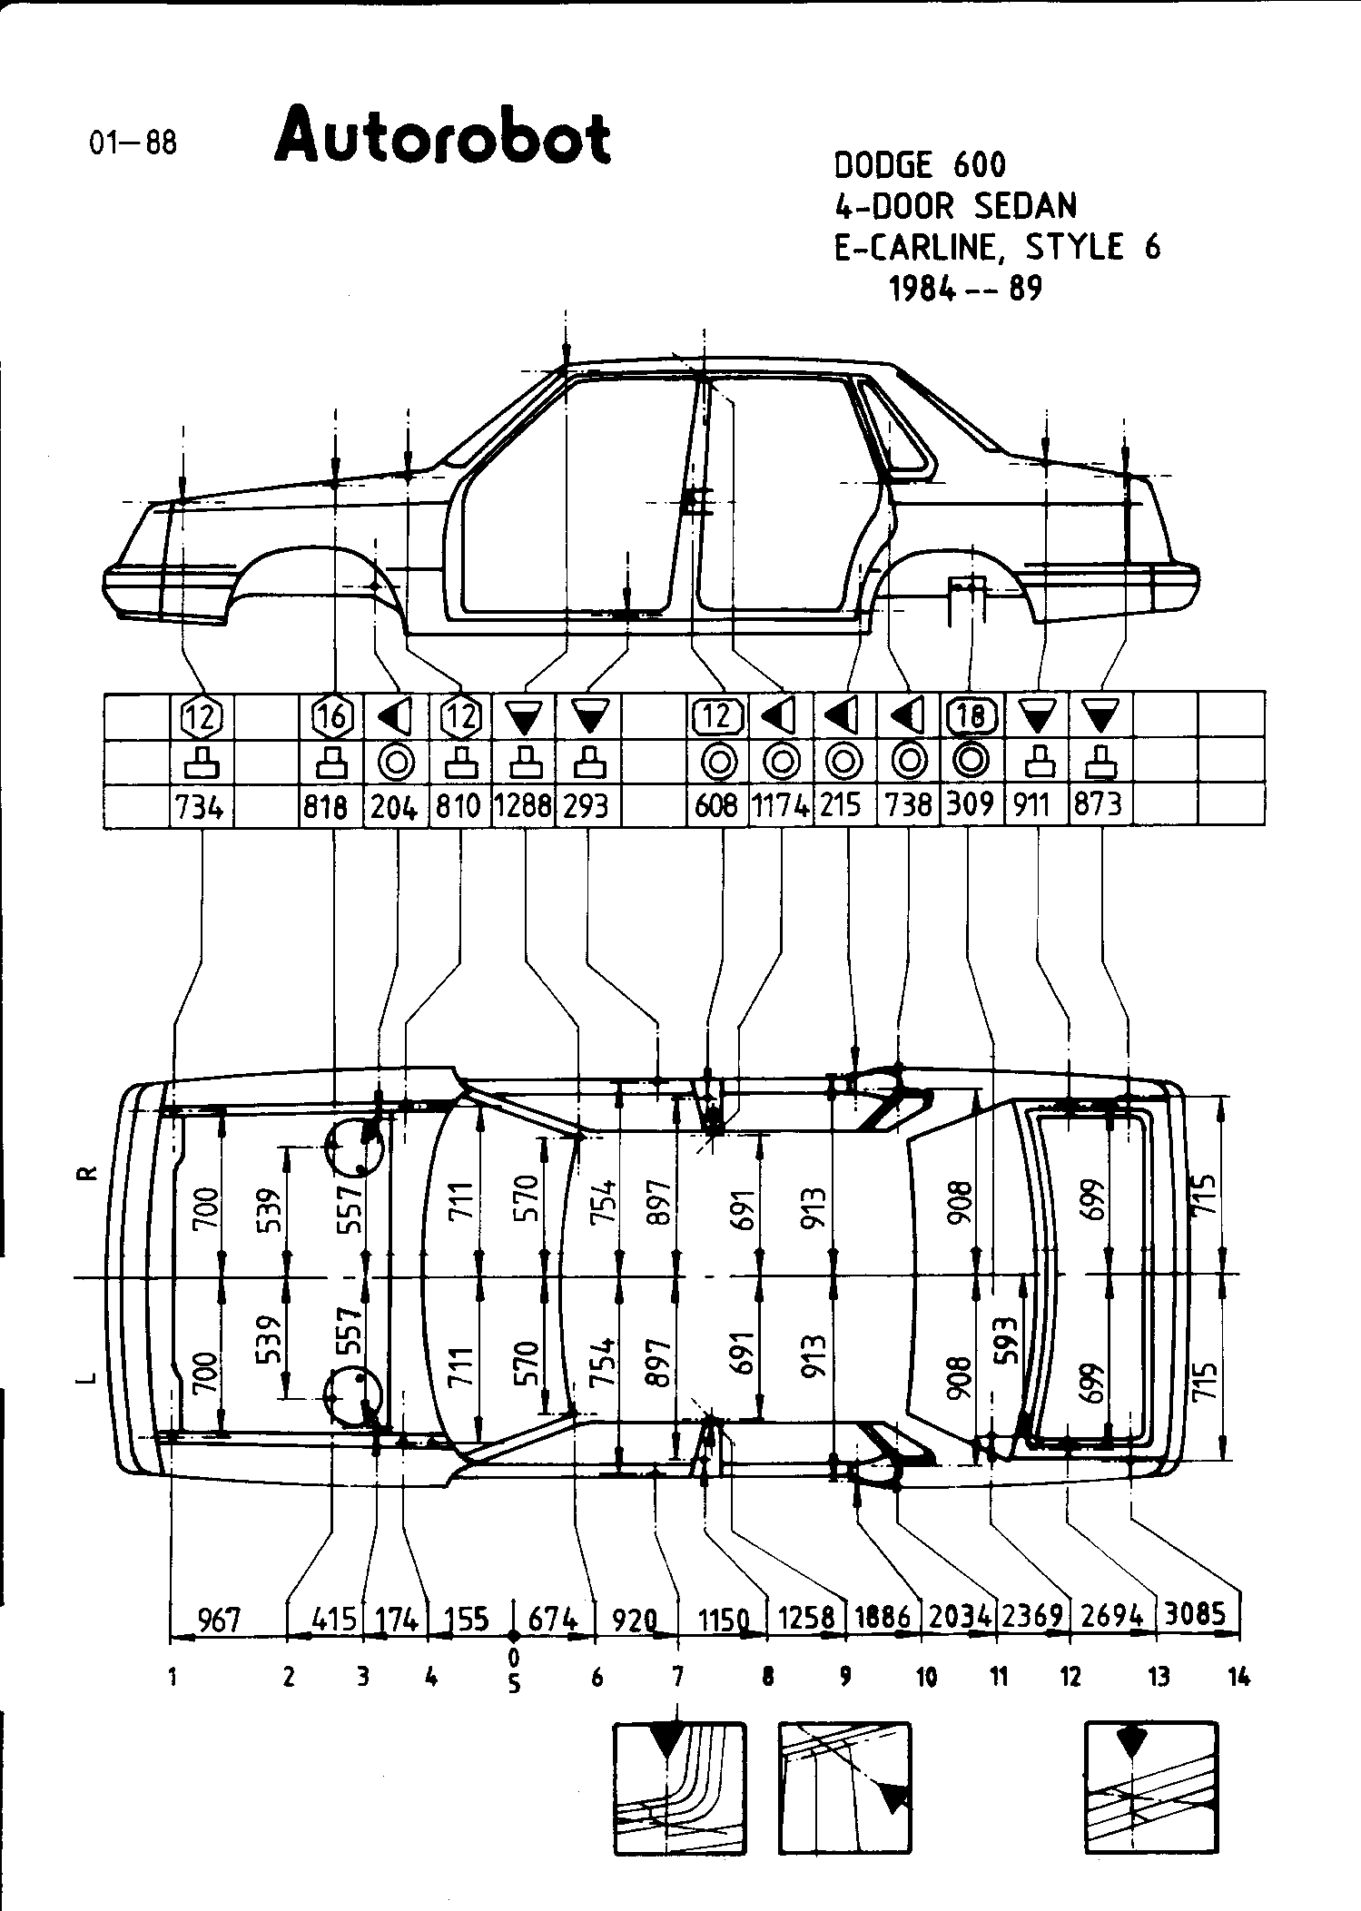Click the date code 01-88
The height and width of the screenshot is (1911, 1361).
[133, 143]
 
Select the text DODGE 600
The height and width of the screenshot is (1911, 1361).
[919, 165]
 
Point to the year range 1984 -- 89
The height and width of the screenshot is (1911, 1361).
[965, 289]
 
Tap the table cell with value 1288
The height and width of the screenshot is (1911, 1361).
[522, 805]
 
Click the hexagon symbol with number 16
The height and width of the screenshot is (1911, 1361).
[332, 717]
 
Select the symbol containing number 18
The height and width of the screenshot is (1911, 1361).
[971, 717]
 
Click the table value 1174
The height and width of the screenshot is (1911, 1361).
[781, 805]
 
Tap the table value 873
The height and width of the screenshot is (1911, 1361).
[1098, 804]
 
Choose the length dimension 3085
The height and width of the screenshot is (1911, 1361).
[1197, 1613]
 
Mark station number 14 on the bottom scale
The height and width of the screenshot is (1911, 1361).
[1238, 1678]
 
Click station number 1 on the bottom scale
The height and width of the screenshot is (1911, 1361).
[172, 1679]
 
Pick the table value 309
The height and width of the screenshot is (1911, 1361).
[970, 804]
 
